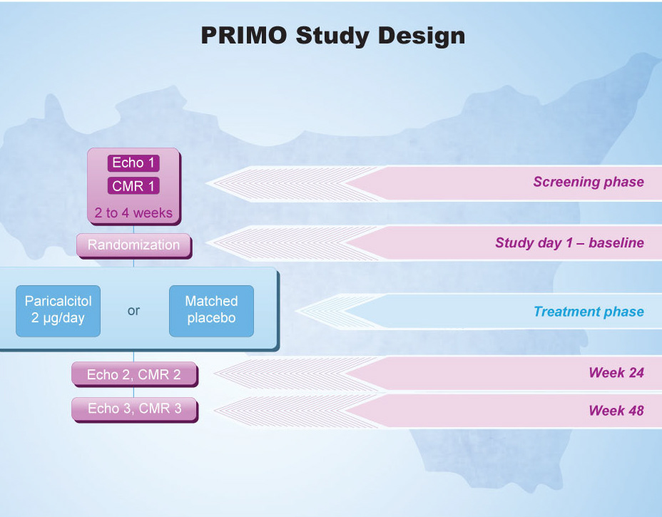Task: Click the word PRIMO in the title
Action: (243, 35)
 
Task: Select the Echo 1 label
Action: (133, 163)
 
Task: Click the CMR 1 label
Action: (133, 185)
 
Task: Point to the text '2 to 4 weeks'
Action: (133, 213)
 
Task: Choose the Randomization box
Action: (134, 245)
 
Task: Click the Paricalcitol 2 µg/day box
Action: (58, 311)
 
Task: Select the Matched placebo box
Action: (212, 311)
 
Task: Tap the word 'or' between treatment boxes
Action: (133, 311)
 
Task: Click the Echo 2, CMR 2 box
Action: (134, 374)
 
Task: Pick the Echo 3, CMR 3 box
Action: (134, 409)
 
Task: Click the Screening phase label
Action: (589, 182)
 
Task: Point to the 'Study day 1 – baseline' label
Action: (569, 242)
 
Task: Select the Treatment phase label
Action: (589, 312)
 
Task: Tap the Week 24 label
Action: (616, 373)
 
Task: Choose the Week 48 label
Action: (616, 410)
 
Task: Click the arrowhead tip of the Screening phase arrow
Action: (206, 183)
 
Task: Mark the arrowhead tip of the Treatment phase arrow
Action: (296, 312)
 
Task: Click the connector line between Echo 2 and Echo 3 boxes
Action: (134, 392)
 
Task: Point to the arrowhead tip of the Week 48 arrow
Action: (215, 411)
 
